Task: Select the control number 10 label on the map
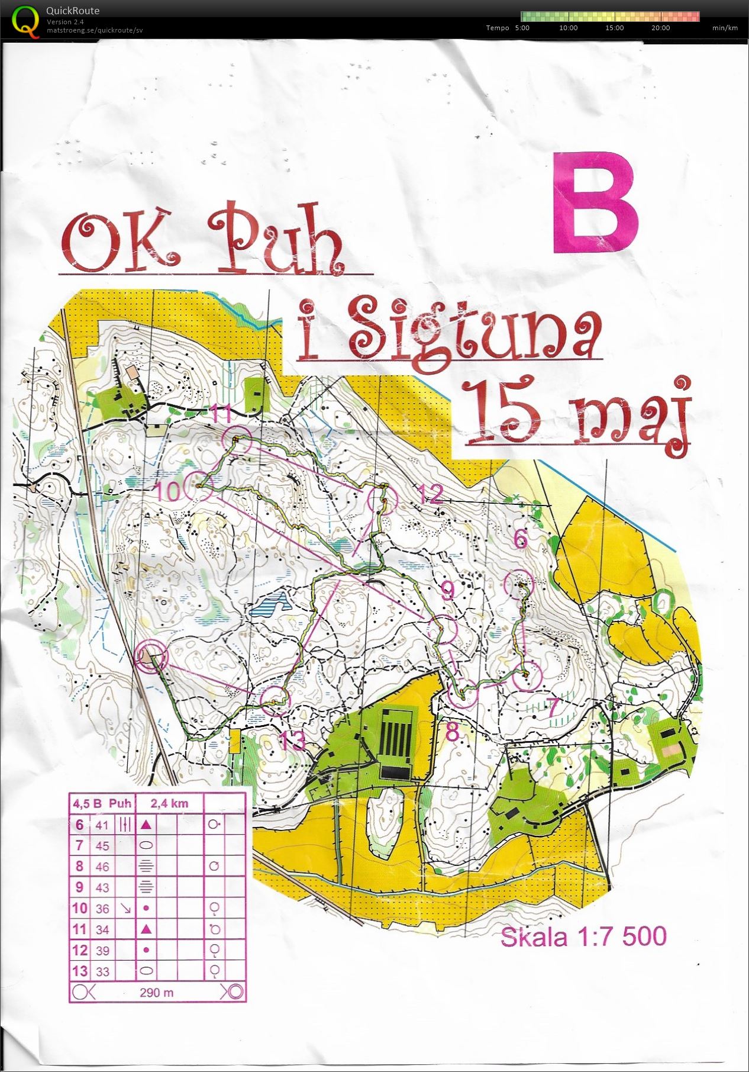pyautogui.click(x=168, y=491)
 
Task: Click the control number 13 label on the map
pyautogui.click(x=292, y=741)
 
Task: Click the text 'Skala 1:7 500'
pyautogui.click(x=583, y=936)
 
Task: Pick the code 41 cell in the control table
pyautogui.click(x=102, y=825)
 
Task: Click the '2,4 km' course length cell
pyautogui.click(x=169, y=803)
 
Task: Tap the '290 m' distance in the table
pyautogui.click(x=157, y=992)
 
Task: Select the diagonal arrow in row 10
pyautogui.click(x=125, y=908)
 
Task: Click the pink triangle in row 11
pyautogui.click(x=146, y=929)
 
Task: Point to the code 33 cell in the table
pyautogui.click(x=102, y=971)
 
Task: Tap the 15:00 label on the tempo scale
pyautogui.click(x=614, y=28)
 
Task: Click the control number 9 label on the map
pyautogui.click(x=448, y=591)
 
